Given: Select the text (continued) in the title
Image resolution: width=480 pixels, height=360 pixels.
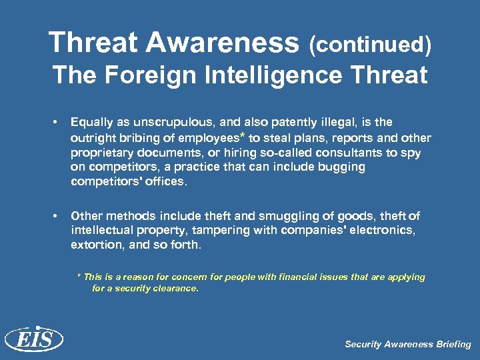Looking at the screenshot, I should point(369,45).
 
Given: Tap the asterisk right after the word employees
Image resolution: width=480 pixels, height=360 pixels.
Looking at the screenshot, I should point(242,136).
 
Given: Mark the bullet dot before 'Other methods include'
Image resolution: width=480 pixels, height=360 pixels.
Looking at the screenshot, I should point(59,216).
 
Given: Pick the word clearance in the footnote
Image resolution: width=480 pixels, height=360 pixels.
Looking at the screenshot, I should point(173,289).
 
